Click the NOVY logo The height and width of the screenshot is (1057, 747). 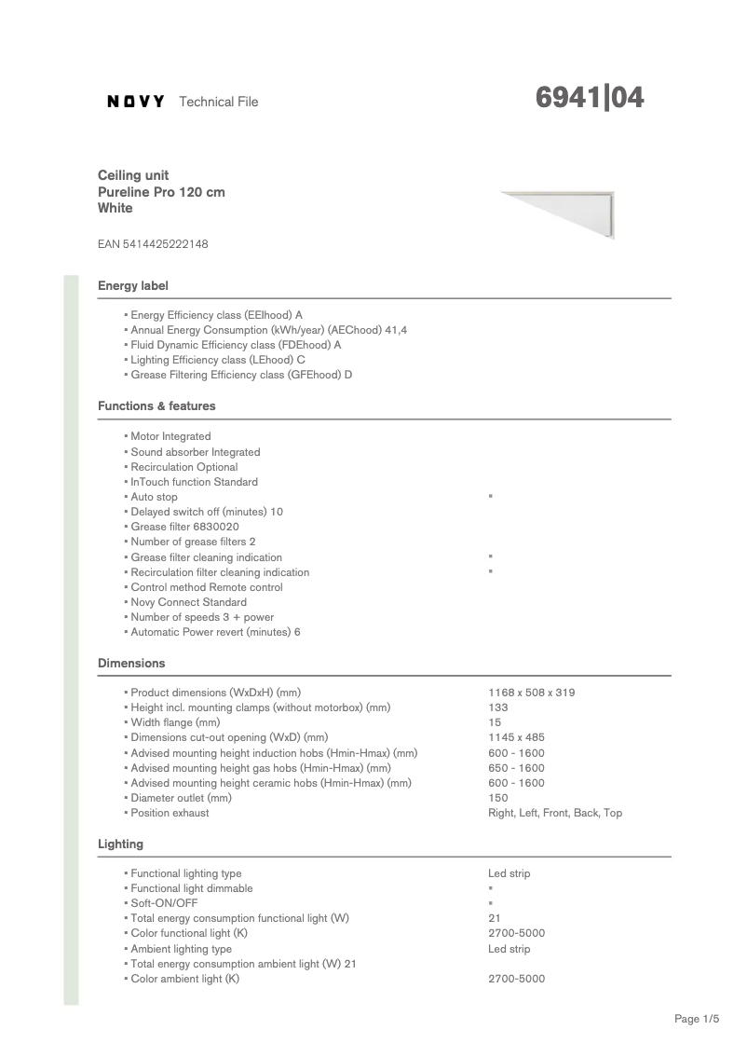136,102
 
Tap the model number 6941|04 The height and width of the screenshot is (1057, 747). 590,99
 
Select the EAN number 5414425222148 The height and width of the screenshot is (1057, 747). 153,244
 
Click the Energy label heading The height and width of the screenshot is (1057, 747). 133,285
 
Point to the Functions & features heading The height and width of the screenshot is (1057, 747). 156,406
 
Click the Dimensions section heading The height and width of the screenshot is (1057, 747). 131,664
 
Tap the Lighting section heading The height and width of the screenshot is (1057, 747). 120,844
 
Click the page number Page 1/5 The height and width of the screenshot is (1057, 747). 697,1020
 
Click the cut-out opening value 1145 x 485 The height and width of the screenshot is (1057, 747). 516,738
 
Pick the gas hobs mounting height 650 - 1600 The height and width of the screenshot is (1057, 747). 516,768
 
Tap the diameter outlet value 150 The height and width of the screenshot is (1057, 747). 497,798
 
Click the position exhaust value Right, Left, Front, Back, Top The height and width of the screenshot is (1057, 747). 555,813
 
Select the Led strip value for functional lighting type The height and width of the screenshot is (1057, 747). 509,873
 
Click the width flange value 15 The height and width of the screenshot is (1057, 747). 495,722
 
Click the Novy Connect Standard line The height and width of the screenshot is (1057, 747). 188,602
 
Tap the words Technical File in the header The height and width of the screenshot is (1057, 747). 218,102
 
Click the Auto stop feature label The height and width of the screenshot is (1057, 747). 154,497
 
